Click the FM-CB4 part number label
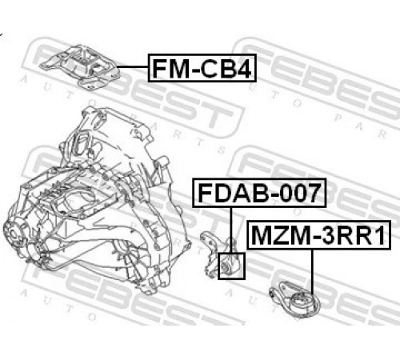[202, 68]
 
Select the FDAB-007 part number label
[259, 193]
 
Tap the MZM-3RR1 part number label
[318, 235]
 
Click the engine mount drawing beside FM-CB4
[79, 66]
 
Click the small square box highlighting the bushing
[231, 266]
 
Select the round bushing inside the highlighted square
[226, 266]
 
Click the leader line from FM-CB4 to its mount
[132, 66]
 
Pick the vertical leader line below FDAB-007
[231, 230]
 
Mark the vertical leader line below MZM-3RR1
[312, 272]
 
